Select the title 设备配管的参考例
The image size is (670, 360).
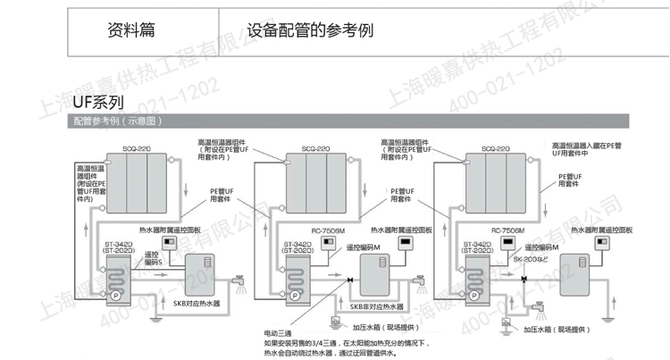(x=311, y=29)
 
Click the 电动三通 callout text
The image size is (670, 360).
(x=278, y=330)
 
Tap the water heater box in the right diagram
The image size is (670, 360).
(x=574, y=273)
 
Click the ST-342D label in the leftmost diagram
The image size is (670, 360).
(x=119, y=243)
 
